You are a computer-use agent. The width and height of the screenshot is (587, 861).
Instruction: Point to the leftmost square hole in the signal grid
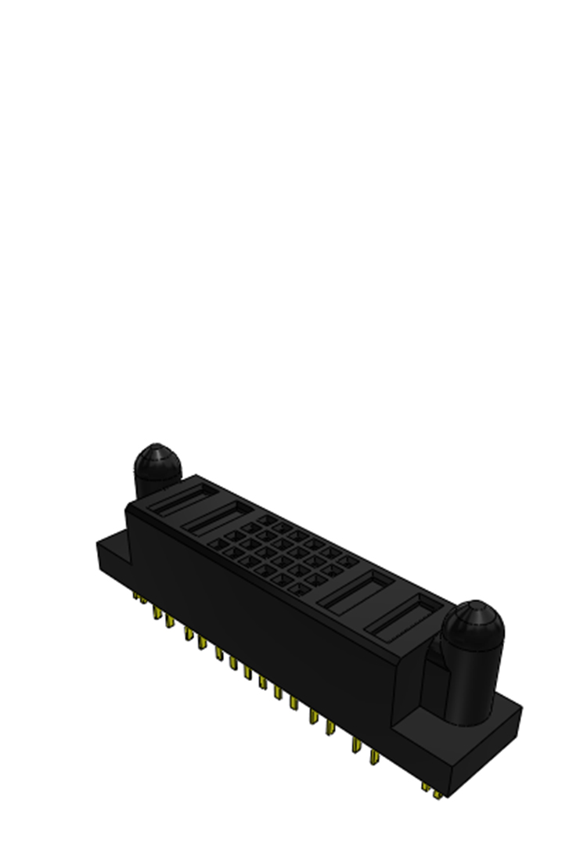pos(213,542)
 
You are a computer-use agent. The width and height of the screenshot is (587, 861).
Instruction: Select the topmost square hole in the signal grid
pos(265,519)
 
